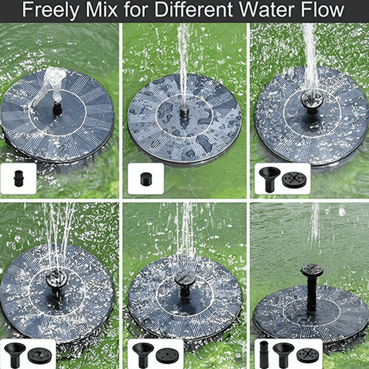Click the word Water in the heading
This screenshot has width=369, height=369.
pos(262,11)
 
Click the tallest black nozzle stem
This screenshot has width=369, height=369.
pos(310,287)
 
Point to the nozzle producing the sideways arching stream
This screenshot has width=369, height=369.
pos(57,108)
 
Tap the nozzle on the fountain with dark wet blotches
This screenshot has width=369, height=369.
pos(184,110)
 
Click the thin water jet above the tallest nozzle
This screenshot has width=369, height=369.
pos(314,228)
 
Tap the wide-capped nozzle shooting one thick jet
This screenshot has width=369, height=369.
pos(309,100)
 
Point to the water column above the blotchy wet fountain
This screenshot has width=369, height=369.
pos(183,62)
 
